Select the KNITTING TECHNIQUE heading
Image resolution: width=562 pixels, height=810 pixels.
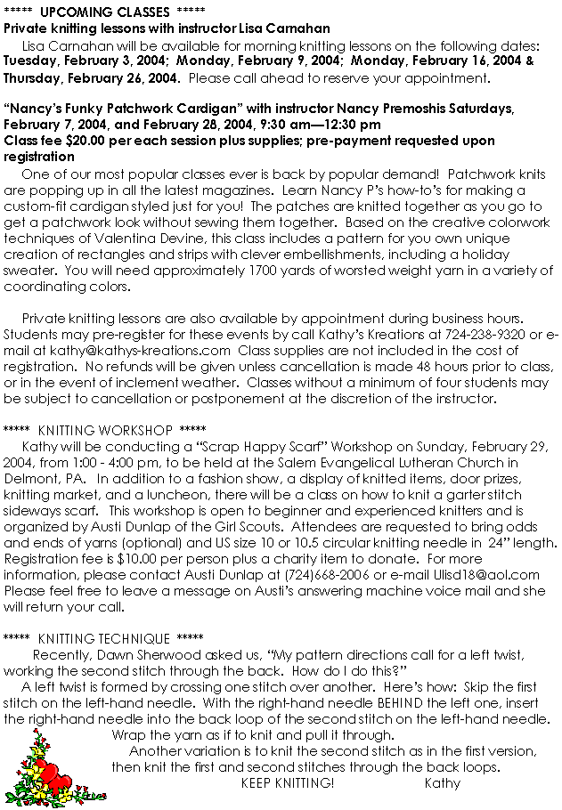tap(103, 638)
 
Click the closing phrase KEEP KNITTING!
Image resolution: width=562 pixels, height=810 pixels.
tap(288, 783)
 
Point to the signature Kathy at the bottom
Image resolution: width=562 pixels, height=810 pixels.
tap(443, 783)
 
